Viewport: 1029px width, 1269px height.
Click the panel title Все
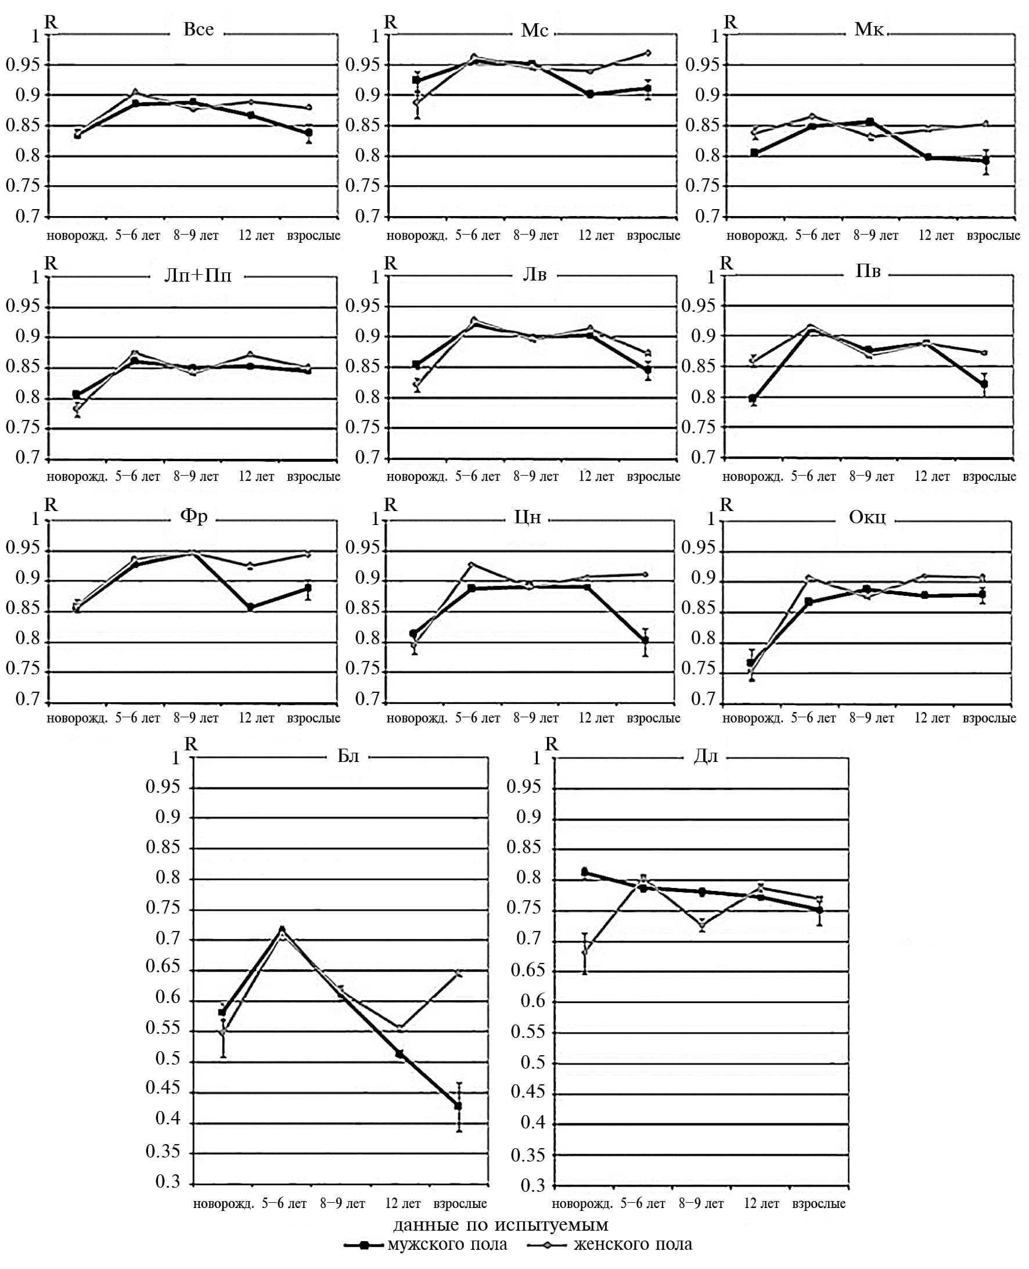click(198, 30)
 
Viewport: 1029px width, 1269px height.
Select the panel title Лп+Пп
click(197, 276)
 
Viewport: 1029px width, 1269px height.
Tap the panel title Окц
click(867, 517)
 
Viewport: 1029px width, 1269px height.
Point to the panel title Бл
click(348, 756)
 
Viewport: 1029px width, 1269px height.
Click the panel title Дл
click(706, 756)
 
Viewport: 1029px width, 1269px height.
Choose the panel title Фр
click(194, 516)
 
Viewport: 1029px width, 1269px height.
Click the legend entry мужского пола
click(447, 1244)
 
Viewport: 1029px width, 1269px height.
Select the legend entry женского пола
click(632, 1244)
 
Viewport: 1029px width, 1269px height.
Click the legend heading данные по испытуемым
click(501, 1224)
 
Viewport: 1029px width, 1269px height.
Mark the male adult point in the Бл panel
click(458, 1106)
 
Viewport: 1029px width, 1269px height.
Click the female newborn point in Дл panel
click(584, 952)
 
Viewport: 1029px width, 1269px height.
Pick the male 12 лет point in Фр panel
click(250, 607)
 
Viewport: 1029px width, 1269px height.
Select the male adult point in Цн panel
click(645, 640)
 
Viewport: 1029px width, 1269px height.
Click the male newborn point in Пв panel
click(753, 398)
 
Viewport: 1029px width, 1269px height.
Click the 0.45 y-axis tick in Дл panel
click(527, 1091)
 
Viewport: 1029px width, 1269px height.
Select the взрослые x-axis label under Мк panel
click(993, 235)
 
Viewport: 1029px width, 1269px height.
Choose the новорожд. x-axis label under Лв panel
click(417, 477)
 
